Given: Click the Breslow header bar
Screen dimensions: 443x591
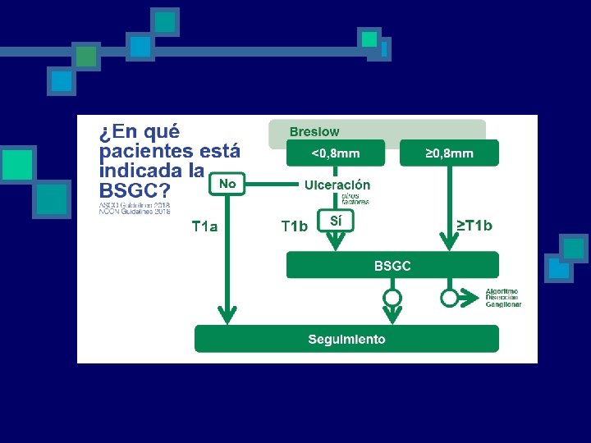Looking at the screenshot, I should [x=378, y=131].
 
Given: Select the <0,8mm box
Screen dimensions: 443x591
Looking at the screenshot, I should [x=335, y=153].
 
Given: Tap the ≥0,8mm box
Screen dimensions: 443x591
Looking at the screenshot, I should [x=449, y=153].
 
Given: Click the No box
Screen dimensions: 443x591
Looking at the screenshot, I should [x=227, y=184].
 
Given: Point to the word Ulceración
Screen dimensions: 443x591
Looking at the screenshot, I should [x=337, y=185].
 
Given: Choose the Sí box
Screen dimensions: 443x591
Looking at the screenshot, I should [x=335, y=221].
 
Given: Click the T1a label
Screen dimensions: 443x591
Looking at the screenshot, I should [x=204, y=226].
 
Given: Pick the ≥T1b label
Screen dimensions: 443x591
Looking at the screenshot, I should [x=474, y=226].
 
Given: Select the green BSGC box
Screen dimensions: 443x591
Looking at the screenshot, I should [x=392, y=265].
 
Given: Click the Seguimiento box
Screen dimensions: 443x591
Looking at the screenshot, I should [x=346, y=339].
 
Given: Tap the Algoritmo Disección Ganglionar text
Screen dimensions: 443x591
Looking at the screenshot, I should [x=502, y=298].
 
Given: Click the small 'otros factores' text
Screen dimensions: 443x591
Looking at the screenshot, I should [x=355, y=199].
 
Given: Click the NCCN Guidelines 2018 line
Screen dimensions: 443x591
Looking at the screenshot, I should [x=134, y=212].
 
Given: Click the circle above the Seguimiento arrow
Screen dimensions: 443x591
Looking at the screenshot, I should [x=392, y=297].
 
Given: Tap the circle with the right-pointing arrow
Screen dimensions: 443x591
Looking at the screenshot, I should [x=449, y=297].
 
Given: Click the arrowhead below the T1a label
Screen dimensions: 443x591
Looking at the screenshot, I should [x=227, y=316].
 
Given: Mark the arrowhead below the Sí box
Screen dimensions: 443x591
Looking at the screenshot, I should [x=335, y=240].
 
